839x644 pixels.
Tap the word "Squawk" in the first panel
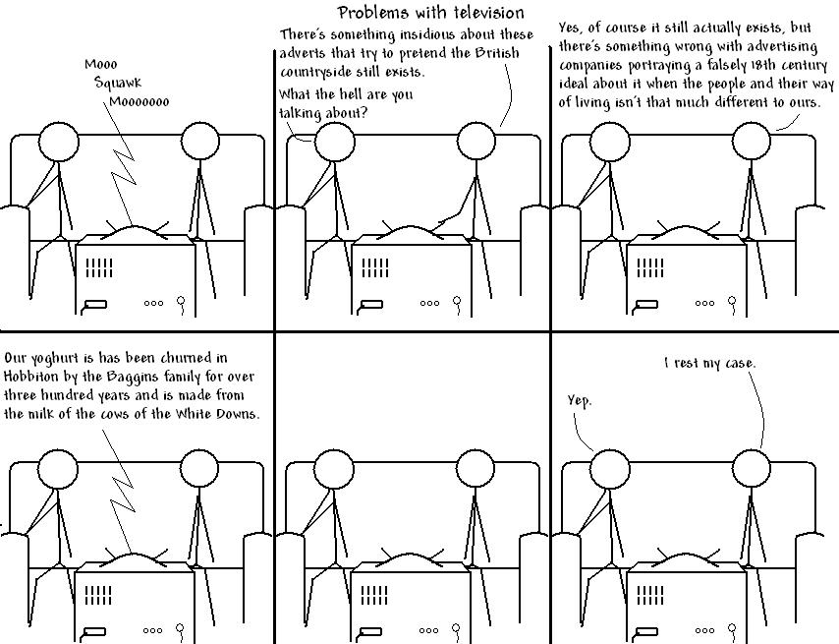pos(118,83)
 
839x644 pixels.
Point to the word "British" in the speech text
pos(496,53)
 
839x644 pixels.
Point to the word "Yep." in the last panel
pos(580,400)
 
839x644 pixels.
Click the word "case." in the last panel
pos(741,364)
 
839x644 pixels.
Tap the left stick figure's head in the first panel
pos(58,142)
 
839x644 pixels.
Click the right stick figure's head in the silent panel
pos(475,470)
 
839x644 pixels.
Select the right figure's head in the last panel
pos(752,470)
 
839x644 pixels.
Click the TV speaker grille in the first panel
pos(99,267)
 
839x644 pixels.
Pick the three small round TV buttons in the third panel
pos(704,303)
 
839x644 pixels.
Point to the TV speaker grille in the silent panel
pos(374,595)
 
